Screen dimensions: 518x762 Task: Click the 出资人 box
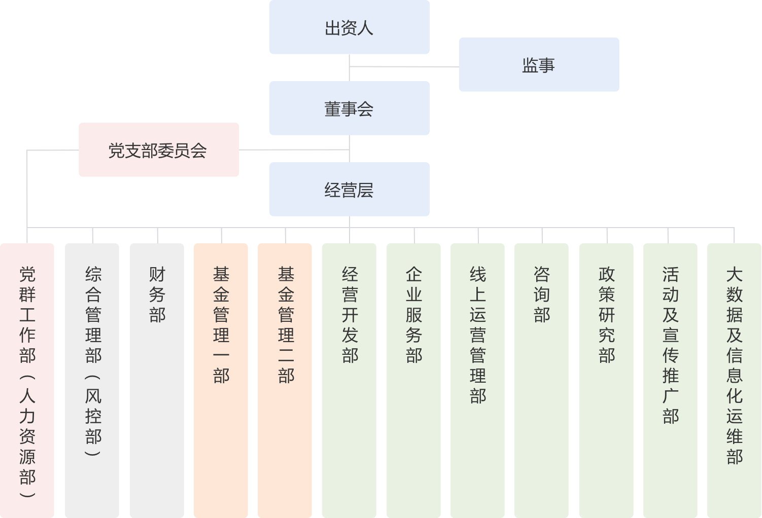[349, 27]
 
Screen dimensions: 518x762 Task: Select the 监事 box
[539, 65]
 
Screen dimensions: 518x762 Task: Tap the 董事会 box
[349, 108]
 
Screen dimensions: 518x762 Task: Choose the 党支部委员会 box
[158, 150]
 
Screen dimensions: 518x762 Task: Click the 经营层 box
[349, 190]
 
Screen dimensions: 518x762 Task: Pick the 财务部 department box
[157, 380]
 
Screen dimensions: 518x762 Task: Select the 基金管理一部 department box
[221, 380]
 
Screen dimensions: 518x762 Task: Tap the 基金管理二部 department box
[285, 380]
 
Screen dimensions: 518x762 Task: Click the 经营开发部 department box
[349, 380]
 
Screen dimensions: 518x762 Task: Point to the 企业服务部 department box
[413, 380]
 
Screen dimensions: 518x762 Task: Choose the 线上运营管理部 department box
[477, 380]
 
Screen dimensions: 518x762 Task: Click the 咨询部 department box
[541, 380]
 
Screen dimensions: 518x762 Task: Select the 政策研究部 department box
[606, 380]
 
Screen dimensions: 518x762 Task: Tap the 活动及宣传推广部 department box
[670, 380]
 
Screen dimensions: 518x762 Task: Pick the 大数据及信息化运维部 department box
[734, 380]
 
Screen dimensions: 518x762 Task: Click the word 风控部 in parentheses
[93, 416]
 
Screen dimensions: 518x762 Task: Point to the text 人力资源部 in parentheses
[27, 436]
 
